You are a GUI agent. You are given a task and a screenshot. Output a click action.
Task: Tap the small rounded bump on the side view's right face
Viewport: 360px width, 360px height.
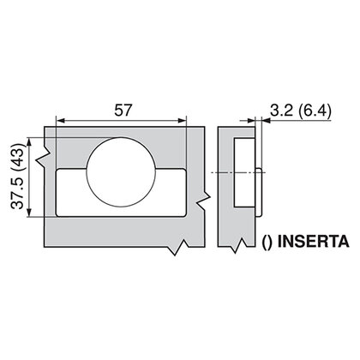(259, 172)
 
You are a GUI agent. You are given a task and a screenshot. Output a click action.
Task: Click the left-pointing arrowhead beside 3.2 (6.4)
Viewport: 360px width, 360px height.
(267, 122)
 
